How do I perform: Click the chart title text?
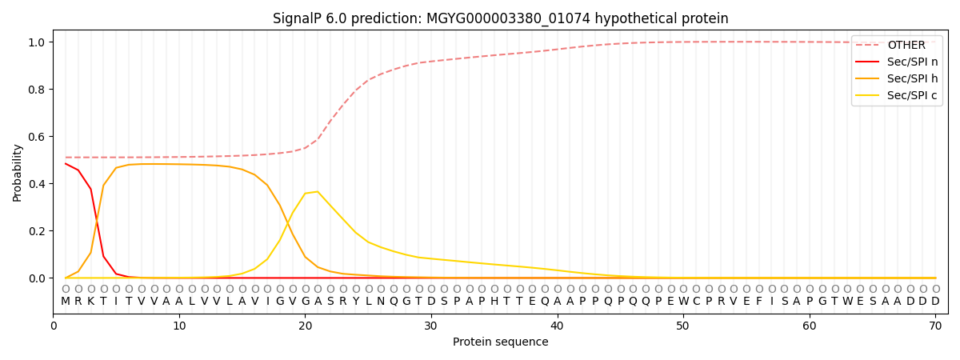tap(500, 18)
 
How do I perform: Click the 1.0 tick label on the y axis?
tap(38, 42)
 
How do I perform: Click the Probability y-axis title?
tap(18, 172)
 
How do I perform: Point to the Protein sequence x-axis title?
tap(500, 342)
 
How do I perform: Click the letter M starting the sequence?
tap(66, 302)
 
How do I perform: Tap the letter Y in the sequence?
tap(355, 302)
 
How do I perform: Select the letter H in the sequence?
tap(494, 302)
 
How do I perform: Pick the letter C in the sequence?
tap(695, 302)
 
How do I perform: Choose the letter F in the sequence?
tap(758, 302)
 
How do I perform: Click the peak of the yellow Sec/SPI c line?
tap(318, 192)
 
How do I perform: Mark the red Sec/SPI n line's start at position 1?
tap(66, 164)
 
